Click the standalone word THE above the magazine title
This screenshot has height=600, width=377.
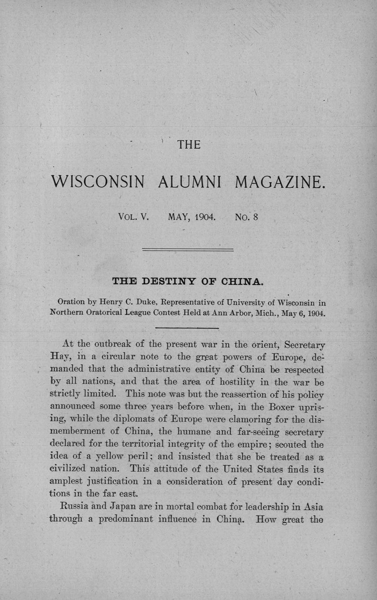click(188, 145)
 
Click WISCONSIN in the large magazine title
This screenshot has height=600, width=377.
click(98, 181)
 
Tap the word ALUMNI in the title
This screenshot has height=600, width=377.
click(189, 181)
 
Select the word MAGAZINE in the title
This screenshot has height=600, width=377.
click(280, 181)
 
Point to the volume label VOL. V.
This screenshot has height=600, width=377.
click(134, 216)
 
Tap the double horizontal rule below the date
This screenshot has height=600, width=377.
click(188, 250)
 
